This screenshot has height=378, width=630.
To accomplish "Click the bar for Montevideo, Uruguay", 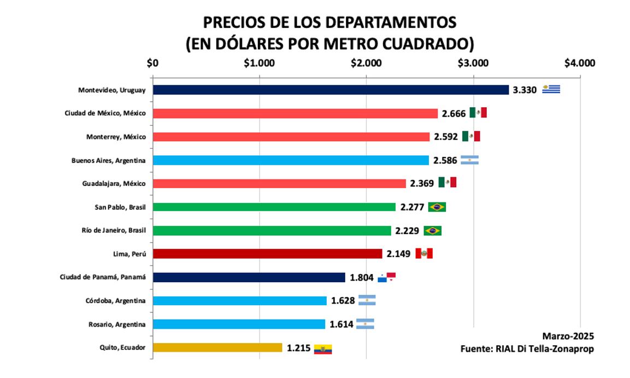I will pyautogui.click(x=331, y=90).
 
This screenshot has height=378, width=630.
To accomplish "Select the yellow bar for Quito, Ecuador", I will pyautogui.click(x=217, y=348).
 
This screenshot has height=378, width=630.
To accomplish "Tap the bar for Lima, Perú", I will pyautogui.click(x=267, y=254).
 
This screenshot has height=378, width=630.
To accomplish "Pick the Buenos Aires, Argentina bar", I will pyautogui.click(x=291, y=160).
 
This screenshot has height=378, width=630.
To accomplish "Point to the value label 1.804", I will pyautogui.click(x=362, y=278).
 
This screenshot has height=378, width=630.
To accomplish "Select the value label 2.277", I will pyautogui.click(x=412, y=207).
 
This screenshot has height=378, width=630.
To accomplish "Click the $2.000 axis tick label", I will pyautogui.click(x=366, y=62).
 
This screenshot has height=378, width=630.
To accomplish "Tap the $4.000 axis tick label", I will pyautogui.click(x=579, y=62).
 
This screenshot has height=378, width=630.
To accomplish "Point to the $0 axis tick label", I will pyautogui.click(x=153, y=62).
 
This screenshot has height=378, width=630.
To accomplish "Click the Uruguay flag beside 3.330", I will pyautogui.click(x=551, y=90).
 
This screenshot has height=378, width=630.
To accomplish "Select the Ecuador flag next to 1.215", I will pyautogui.click(x=323, y=349).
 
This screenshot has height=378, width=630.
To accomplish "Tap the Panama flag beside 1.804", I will pyautogui.click(x=387, y=277).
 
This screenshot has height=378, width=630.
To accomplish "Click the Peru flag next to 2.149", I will pyautogui.click(x=424, y=254).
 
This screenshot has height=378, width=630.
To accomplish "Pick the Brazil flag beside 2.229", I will pyautogui.click(x=432, y=231).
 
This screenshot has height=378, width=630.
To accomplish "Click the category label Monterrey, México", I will pyautogui.click(x=116, y=137).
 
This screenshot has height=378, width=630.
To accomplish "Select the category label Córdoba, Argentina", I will pyautogui.click(x=115, y=301).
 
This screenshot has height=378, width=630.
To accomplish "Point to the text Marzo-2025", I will pyautogui.click(x=568, y=336).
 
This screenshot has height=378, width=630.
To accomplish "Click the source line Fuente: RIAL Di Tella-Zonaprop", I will pyautogui.click(x=527, y=349).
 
